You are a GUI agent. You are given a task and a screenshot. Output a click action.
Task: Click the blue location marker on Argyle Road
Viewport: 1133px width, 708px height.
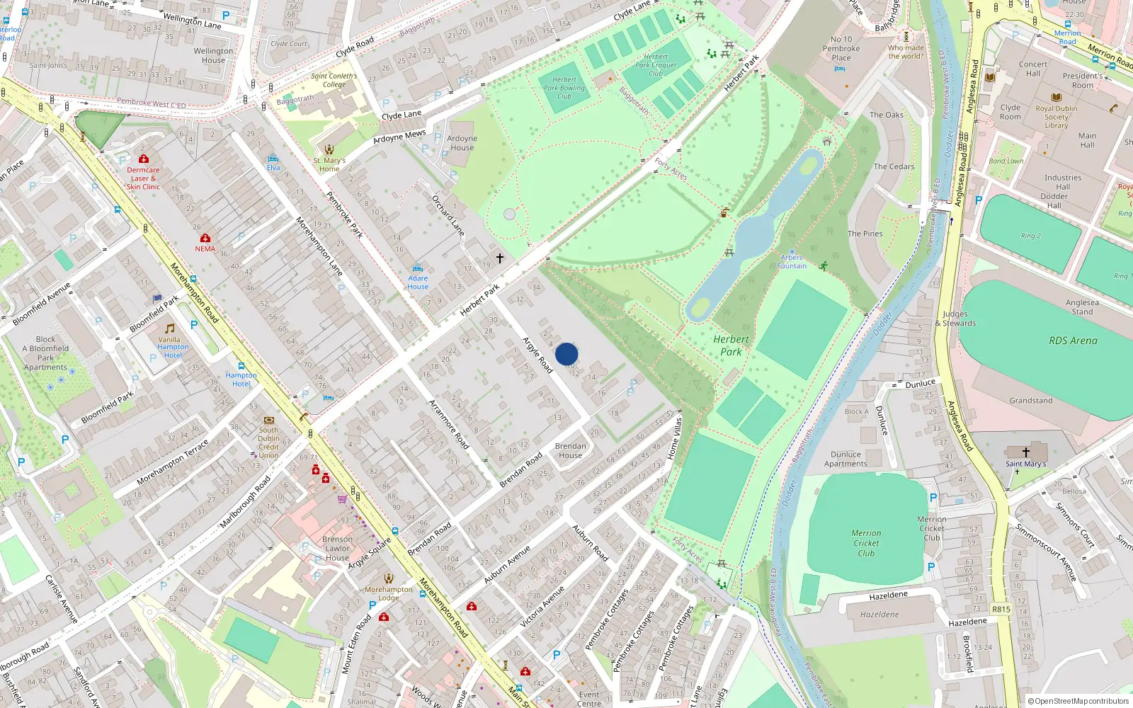click(566, 354)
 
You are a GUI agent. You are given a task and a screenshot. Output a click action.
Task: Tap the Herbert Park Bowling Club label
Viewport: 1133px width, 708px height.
click(564, 88)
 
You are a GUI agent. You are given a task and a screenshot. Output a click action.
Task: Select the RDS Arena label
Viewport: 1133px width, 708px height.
click(1073, 341)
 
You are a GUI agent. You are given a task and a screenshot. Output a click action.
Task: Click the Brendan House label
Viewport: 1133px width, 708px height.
click(570, 451)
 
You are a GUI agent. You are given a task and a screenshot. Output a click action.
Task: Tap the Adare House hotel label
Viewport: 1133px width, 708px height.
click(418, 282)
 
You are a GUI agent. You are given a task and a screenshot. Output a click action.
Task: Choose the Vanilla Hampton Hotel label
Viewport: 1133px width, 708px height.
click(173, 347)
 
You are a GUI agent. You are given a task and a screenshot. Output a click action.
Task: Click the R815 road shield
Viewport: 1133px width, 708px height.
click(1001, 609)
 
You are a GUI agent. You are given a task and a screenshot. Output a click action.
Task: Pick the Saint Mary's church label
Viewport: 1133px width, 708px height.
click(1025, 464)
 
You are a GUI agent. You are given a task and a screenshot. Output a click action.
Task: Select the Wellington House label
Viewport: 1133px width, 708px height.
click(213, 55)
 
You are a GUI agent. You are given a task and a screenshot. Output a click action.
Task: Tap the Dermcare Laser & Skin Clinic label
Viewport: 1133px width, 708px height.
click(143, 178)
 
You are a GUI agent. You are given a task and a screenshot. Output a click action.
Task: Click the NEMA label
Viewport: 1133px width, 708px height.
click(205, 249)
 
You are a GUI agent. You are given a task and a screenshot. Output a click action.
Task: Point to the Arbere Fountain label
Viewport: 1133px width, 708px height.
click(792, 262)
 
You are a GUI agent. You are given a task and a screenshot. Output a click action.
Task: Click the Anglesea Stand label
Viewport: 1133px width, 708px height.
click(1082, 307)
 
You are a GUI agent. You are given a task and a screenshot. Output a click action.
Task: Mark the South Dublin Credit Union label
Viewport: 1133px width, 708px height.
click(268, 442)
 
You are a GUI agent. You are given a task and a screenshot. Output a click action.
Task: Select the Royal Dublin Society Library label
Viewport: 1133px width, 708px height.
click(1056, 117)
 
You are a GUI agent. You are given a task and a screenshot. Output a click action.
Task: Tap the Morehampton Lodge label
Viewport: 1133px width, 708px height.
click(388, 593)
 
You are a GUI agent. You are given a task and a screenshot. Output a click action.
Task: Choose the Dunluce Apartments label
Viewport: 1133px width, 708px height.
click(846, 459)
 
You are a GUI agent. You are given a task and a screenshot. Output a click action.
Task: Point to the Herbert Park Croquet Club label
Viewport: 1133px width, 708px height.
click(656, 65)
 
